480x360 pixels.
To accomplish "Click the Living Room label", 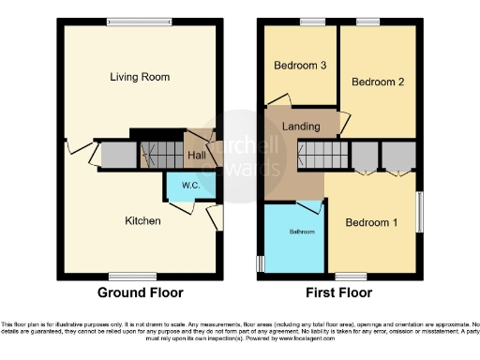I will (x=143, y=76).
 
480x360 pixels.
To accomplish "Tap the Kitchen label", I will (x=143, y=221).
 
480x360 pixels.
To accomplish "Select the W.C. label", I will (x=186, y=185).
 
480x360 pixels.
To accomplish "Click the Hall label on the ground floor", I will (x=197, y=155).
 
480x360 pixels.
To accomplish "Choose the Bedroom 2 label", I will (x=377, y=82).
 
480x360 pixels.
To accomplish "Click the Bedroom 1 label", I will (x=371, y=223).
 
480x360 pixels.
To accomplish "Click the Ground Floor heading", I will (x=141, y=292).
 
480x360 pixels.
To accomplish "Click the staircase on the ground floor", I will (x=160, y=154).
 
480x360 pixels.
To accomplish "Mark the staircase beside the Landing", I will (x=322, y=154).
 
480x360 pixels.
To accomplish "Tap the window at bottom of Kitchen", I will (x=132, y=276).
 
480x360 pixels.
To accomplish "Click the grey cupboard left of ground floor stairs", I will (x=118, y=155).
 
